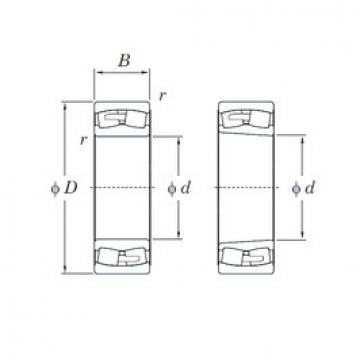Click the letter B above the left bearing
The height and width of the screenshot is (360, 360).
point(123,59)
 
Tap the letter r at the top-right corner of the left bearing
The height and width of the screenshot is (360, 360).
point(163,96)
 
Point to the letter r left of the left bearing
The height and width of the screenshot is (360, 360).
point(83,139)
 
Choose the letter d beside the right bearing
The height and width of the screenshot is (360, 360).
point(313,187)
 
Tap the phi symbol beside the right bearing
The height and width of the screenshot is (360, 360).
point(297,187)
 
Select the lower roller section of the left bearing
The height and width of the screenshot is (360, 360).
point(122,257)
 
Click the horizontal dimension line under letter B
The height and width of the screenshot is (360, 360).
point(123,73)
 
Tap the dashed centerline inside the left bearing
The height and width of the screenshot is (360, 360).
point(122,187)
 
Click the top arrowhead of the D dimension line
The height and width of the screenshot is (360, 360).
point(67,105)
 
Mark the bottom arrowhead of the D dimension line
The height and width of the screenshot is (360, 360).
point(67,269)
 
